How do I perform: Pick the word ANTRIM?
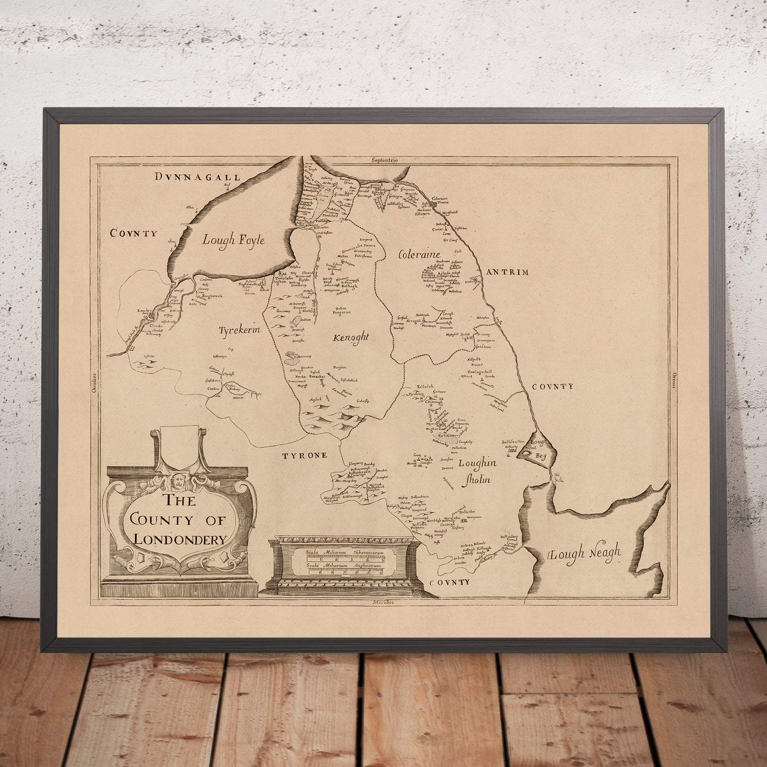(507, 272)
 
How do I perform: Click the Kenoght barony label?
(347, 338)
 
